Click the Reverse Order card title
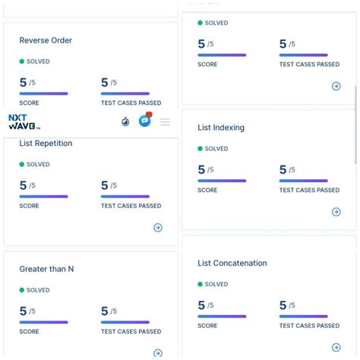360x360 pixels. coord(46,40)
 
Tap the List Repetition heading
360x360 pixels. coord(46,143)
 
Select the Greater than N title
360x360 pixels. coord(46,269)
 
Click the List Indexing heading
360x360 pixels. coord(221,128)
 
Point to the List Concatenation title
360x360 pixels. coord(232,263)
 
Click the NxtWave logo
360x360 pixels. coord(24,122)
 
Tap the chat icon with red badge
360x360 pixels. coord(145,121)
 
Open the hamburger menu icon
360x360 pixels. coord(165,122)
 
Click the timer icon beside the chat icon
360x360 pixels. coord(125,122)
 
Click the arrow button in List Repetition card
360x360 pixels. coord(158,227)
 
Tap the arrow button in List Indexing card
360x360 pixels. coord(336,212)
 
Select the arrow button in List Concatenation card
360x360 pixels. coord(336,347)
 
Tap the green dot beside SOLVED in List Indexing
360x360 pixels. coord(201,149)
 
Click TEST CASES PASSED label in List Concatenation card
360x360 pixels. coord(309,326)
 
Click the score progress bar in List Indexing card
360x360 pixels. coord(222,181)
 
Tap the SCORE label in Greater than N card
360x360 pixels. coord(29,331)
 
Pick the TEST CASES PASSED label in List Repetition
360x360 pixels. coord(131,206)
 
